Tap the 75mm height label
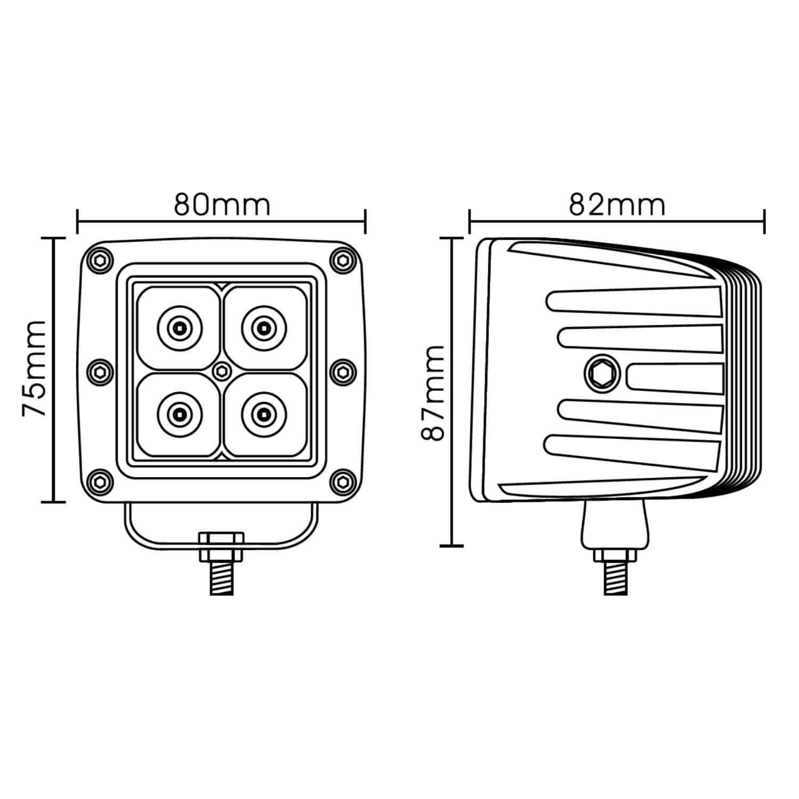click(34, 369)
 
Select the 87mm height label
click(433, 393)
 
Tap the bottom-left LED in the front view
click(180, 413)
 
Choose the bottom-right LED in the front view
click(263, 413)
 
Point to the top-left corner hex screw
click(100, 260)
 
